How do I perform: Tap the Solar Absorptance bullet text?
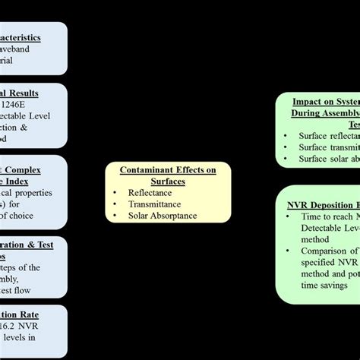point(163,215)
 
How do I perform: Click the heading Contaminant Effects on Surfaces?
point(168,176)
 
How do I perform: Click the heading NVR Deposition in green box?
point(323,204)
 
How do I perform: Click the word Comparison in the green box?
point(324,250)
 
